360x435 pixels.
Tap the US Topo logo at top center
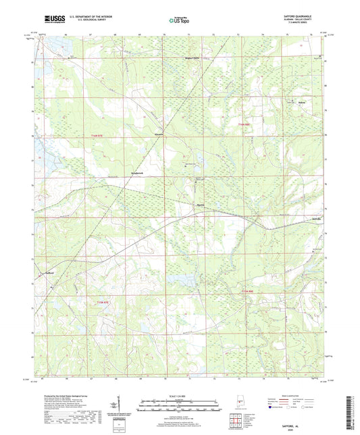point(180,22)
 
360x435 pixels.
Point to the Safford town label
point(49,272)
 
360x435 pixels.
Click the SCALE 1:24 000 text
point(179,396)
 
